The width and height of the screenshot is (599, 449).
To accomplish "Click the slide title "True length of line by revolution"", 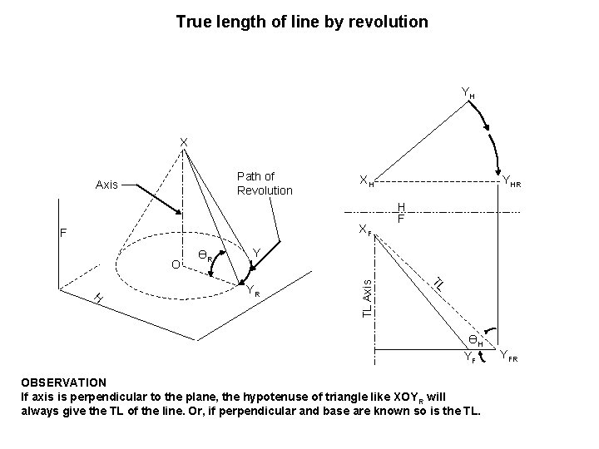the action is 302,22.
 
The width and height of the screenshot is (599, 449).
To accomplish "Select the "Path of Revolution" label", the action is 265,183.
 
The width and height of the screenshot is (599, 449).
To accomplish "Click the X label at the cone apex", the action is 185,141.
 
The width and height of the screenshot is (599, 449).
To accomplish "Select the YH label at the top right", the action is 468,92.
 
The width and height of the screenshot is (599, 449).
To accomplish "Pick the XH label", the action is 365,180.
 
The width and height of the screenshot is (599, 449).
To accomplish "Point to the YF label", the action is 470,359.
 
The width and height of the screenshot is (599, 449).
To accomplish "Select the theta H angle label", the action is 475,340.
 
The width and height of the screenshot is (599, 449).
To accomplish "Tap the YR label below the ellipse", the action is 253,291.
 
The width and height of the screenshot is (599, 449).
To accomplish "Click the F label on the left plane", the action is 62,234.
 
